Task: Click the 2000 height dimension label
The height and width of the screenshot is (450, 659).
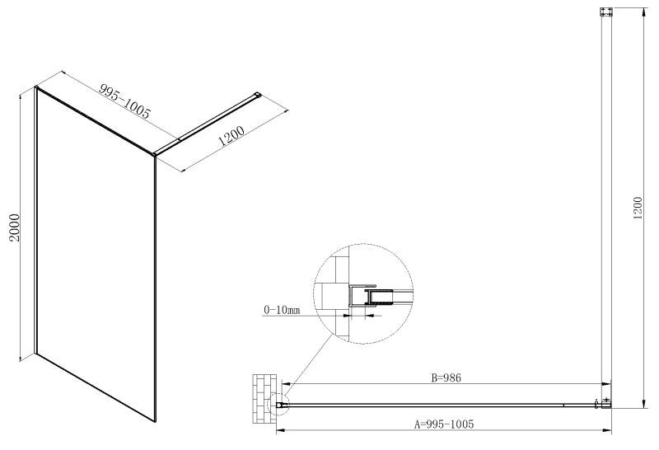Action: tap(15, 227)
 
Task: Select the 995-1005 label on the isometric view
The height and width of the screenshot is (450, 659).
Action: tap(124, 101)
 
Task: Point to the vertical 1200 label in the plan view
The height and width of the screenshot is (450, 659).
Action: tap(638, 208)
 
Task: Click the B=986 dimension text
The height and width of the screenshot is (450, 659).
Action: tap(446, 378)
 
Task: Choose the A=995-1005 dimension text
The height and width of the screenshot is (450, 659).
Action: tap(444, 424)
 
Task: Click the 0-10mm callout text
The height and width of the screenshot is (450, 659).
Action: tap(282, 310)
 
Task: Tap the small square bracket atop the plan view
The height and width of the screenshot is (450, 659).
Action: tap(605, 12)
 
